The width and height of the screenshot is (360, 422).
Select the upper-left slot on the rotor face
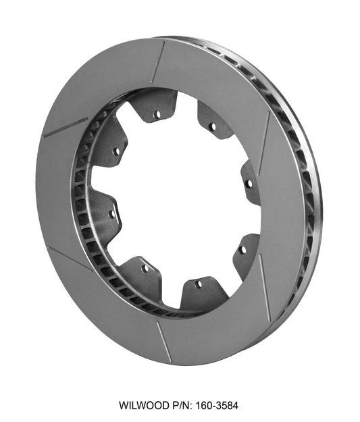tap(65, 127)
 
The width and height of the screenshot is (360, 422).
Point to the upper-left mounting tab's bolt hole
tap(115, 151)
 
